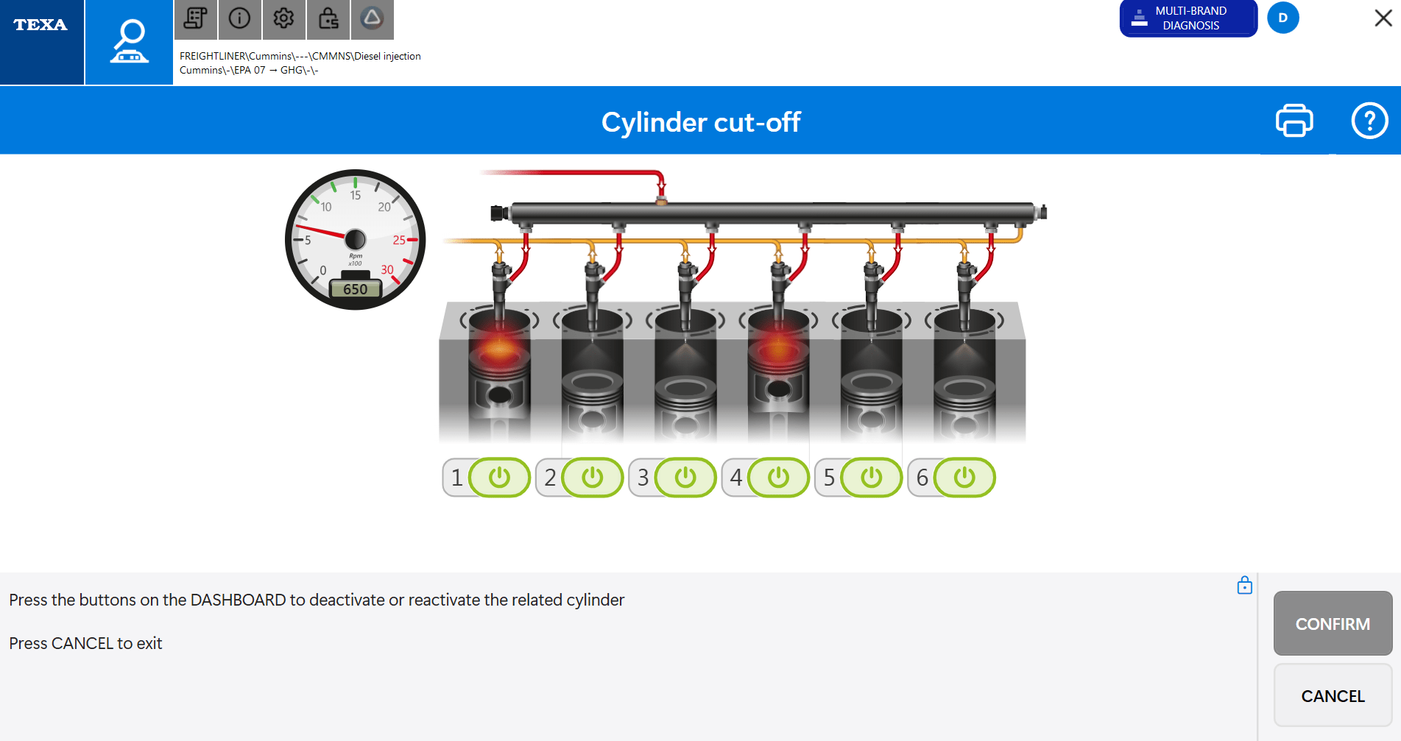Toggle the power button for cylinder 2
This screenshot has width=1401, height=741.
pyautogui.click(x=592, y=478)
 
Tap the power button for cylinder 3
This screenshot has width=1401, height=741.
pyautogui.click(x=685, y=478)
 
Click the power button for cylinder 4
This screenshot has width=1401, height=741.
pyautogui.click(x=778, y=478)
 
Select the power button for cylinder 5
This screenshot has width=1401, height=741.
pyautogui.click(x=872, y=478)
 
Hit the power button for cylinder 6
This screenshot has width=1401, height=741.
pyautogui.click(x=964, y=478)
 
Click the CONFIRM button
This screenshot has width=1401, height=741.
pyautogui.click(x=1333, y=623)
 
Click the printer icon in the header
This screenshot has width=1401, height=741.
pyautogui.click(x=1294, y=121)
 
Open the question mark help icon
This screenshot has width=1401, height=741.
pyautogui.click(x=1369, y=121)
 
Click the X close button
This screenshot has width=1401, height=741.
pyautogui.click(x=1383, y=18)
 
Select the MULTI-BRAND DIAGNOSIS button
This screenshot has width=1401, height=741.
pyautogui.click(x=1188, y=18)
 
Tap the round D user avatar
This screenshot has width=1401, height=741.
pyautogui.click(x=1283, y=18)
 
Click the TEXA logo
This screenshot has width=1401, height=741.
pyautogui.click(x=41, y=26)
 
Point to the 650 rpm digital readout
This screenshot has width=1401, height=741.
pyautogui.click(x=355, y=289)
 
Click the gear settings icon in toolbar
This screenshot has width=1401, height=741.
pyautogui.click(x=283, y=18)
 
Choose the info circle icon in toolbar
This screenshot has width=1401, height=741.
pyautogui.click(x=239, y=18)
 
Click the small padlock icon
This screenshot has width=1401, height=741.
pyautogui.click(x=1244, y=586)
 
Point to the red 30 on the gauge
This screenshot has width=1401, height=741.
pyautogui.click(x=387, y=270)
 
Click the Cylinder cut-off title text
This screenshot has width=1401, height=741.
pyautogui.click(x=700, y=122)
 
